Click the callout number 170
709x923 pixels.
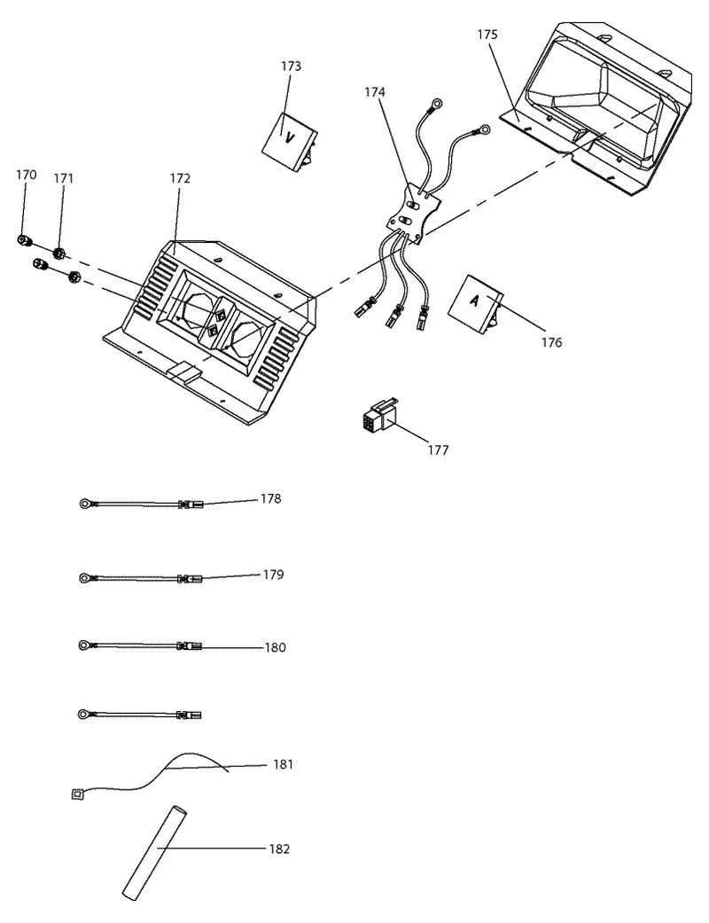[26, 175]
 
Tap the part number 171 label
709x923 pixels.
[64, 177]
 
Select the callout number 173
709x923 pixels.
[291, 66]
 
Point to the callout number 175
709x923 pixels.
[487, 35]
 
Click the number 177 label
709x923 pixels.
[438, 450]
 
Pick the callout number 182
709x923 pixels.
[279, 849]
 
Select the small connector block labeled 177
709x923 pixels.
[379, 416]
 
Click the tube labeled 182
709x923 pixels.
[154, 853]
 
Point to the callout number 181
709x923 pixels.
[283, 764]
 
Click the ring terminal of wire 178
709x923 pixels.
[86, 504]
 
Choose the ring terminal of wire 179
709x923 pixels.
[85, 577]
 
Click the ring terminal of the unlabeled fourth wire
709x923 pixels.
[84, 715]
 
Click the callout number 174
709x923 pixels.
[375, 92]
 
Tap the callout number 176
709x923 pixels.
[552, 342]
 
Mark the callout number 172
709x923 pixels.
[180, 178]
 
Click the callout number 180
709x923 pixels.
[276, 647]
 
